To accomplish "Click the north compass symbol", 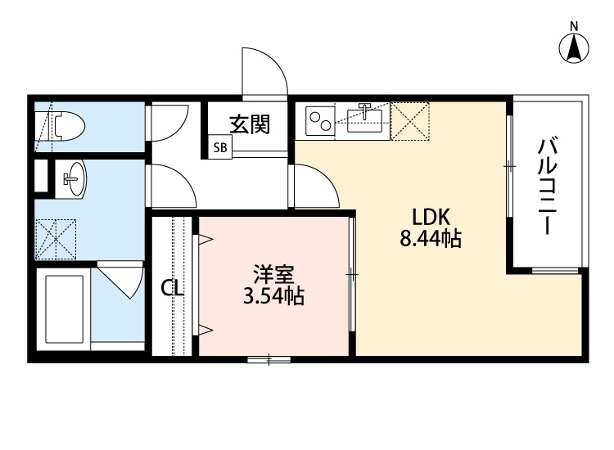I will tap(575, 47).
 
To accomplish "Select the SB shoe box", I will tap(221, 148).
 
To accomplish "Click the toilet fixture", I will tap(64, 126).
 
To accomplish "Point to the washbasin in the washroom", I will tap(73, 178).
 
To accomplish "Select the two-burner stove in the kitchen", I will tap(318, 121).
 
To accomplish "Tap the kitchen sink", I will tap(365, 121).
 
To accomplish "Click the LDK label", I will tap(430, 217).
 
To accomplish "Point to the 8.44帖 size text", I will tap(430, 240).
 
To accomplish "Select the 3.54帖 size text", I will tap(273, 296).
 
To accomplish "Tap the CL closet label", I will tap(172, 288).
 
